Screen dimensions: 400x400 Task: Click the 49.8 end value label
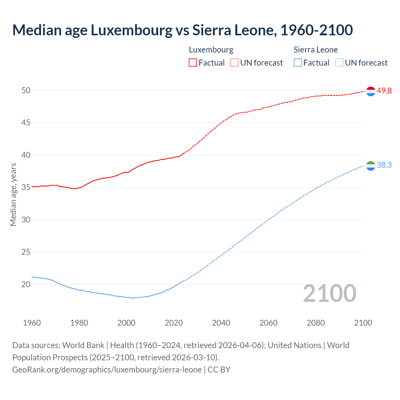pyautogui.click(x=384, y=91)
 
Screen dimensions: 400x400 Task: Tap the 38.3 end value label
pyautogui.click(x=384, y=165)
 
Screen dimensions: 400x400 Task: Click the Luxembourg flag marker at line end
pyautogui.click(x=371, y=91)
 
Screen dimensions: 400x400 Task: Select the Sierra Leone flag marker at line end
pyautogui.click(x=371, y=166)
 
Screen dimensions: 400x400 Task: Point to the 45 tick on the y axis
pyautogui.click(x=26, y=123)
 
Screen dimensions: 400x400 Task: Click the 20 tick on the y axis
pyautogui.click(x=26, y=284)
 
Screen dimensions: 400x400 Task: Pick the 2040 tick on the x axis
pyautogui.click(x=221, y=323)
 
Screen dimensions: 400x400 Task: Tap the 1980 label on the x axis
pyautogui.click(x=79, y=323)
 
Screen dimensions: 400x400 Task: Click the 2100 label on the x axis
pyautogui.click(x=363, y=323)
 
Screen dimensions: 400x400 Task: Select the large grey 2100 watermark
pyautogui.click(x=330, y=293)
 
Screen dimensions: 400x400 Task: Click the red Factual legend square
pyautogui.click(x=193, y=62)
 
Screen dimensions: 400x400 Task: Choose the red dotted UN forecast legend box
pyautogui.click(x=234, y=62)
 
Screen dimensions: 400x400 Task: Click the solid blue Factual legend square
pyautogui.click(x=298, y=62)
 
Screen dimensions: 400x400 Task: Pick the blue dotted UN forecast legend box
pyautogui.click(x=339, y=62)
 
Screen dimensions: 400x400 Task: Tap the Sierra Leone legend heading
pyautogui.click(x=316, y=50)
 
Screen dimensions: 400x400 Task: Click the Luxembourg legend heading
pyautogui.click(x=211, y=50)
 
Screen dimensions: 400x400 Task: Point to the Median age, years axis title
pyautogui.click(x=13, y=194)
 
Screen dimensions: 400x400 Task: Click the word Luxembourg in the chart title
pyautogui.click(x=131, y=30)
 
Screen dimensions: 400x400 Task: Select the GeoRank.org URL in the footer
pyautogui.click(x=107, y=369)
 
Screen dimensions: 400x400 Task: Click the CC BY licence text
pyautogui.click(x=219, y=369)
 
